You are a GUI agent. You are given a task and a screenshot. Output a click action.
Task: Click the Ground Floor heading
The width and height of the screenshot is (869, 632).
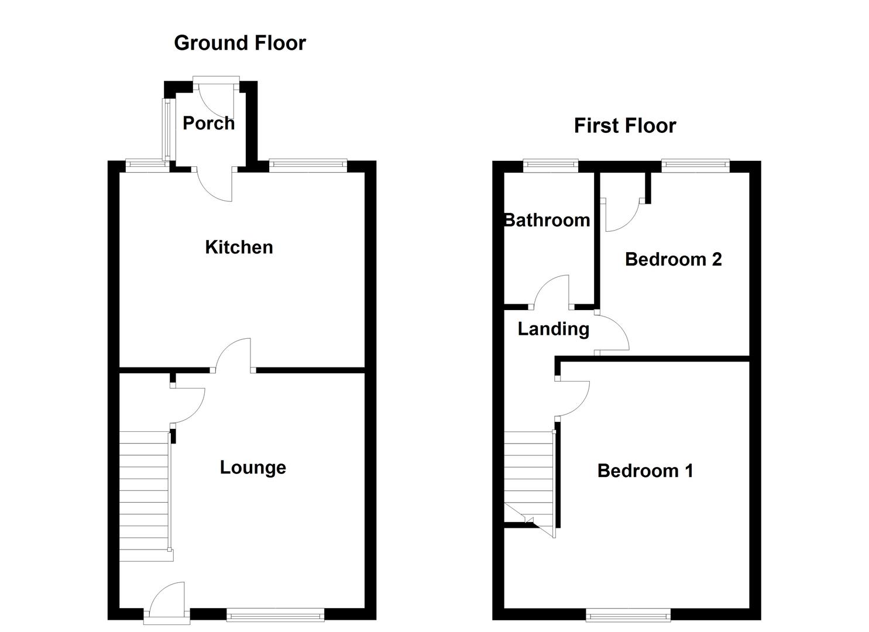tap(240, 43)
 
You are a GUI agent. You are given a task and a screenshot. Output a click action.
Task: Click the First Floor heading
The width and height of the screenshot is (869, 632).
tap(624, 126)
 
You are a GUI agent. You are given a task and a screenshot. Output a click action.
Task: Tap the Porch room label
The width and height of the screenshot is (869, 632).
tap(208, 123)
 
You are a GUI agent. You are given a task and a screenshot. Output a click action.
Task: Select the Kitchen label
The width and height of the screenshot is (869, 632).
tap(239, 247)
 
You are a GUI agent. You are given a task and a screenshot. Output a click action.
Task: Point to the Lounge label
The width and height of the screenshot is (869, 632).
tap(253, 467)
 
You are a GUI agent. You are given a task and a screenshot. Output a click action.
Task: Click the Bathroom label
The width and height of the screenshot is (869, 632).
tap(547, 220)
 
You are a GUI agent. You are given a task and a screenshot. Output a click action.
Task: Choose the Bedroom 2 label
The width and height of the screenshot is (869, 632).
tap(673, 259)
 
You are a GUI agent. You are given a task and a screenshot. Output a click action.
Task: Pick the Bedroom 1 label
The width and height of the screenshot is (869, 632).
tap(645, 470)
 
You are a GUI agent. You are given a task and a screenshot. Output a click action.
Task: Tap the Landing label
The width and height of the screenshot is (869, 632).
tap(553, 329)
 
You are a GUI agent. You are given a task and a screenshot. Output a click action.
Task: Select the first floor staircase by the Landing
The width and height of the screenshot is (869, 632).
tap(529, 474)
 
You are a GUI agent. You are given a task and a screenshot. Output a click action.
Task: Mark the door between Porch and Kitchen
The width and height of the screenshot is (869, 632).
tap(215, 184)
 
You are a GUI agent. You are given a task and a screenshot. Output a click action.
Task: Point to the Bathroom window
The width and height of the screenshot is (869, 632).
tap(551, 166)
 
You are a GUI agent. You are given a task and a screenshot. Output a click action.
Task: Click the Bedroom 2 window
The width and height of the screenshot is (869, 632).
tap(695, 166)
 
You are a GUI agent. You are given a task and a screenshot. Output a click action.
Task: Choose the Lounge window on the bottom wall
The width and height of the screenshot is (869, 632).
tap(275, 614)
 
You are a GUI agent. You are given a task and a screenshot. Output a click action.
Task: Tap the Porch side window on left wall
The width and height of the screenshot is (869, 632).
tap(167, 129)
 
